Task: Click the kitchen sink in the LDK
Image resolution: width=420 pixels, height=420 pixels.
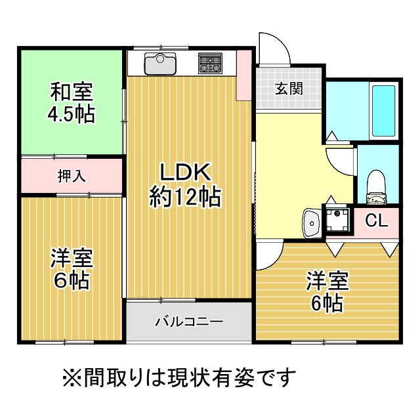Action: (x=160, y=64)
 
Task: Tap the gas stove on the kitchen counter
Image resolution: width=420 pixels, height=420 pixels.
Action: (x=210, y=63)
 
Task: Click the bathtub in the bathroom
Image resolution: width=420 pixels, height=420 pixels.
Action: (x=383, y=111)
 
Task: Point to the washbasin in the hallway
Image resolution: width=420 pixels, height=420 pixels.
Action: (x=311, y=223)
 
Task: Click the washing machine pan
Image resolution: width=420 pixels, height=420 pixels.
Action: (x=337, y=220)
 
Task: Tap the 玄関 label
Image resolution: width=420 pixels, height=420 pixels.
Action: (x=289, y=89)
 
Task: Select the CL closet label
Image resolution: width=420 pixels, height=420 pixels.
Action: (x=377, y=220)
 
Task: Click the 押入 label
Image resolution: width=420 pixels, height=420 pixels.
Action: (x=72, y=176)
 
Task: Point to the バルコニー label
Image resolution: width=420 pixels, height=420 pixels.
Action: (x=190, y=321)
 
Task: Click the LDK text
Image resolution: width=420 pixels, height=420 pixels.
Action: (x=185, y=172)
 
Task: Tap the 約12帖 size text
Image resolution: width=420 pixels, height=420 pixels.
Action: (x=185, y=197)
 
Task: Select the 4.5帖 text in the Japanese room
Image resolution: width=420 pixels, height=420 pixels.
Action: (x=72, y=114)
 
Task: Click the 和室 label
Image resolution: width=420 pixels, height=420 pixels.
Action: (x=72, y=92)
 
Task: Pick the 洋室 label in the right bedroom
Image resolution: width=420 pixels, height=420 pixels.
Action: (x=327, y=281)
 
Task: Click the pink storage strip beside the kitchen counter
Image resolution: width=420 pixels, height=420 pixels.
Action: (x=243, y=75)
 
